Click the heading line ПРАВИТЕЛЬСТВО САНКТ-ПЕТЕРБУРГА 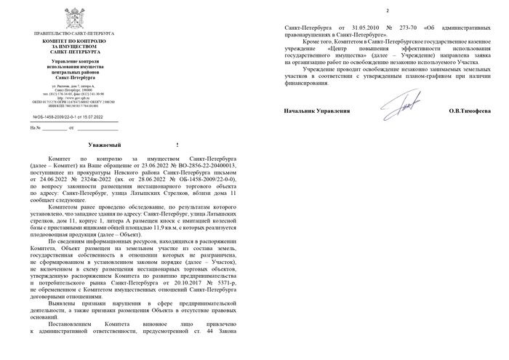tap(78, 34)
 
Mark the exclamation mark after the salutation tap(177, 145)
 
